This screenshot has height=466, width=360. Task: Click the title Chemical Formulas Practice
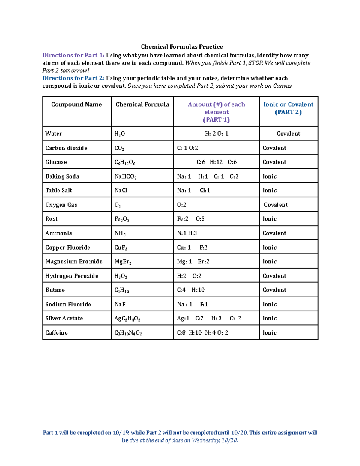coord(182,47)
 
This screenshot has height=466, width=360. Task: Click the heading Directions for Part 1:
coord(73,55)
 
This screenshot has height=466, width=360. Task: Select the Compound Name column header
coord(76,104)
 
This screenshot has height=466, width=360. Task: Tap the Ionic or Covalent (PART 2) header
coord(288,108)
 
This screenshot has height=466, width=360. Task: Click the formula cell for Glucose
coord(125,162)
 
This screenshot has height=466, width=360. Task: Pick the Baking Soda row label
coord(62,176)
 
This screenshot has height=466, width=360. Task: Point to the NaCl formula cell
coord(121,191)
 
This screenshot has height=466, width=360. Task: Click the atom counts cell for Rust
coord(191,219)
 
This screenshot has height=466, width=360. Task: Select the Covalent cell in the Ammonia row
coord(274,233)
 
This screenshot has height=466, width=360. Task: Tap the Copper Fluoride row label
coord(68,248)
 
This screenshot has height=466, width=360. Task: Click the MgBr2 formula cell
coord(123,262)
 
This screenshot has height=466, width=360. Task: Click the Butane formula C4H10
coord(121,290)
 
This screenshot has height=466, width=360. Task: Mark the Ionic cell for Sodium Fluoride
coord(269,304)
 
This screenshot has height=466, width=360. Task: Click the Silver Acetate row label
coord(64,318)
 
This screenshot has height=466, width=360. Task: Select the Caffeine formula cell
coord(128,333)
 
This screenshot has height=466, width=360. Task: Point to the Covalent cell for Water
coord(288,134)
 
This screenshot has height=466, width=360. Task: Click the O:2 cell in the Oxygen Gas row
coord(182,205)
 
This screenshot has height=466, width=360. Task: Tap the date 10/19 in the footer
coord(121,433)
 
